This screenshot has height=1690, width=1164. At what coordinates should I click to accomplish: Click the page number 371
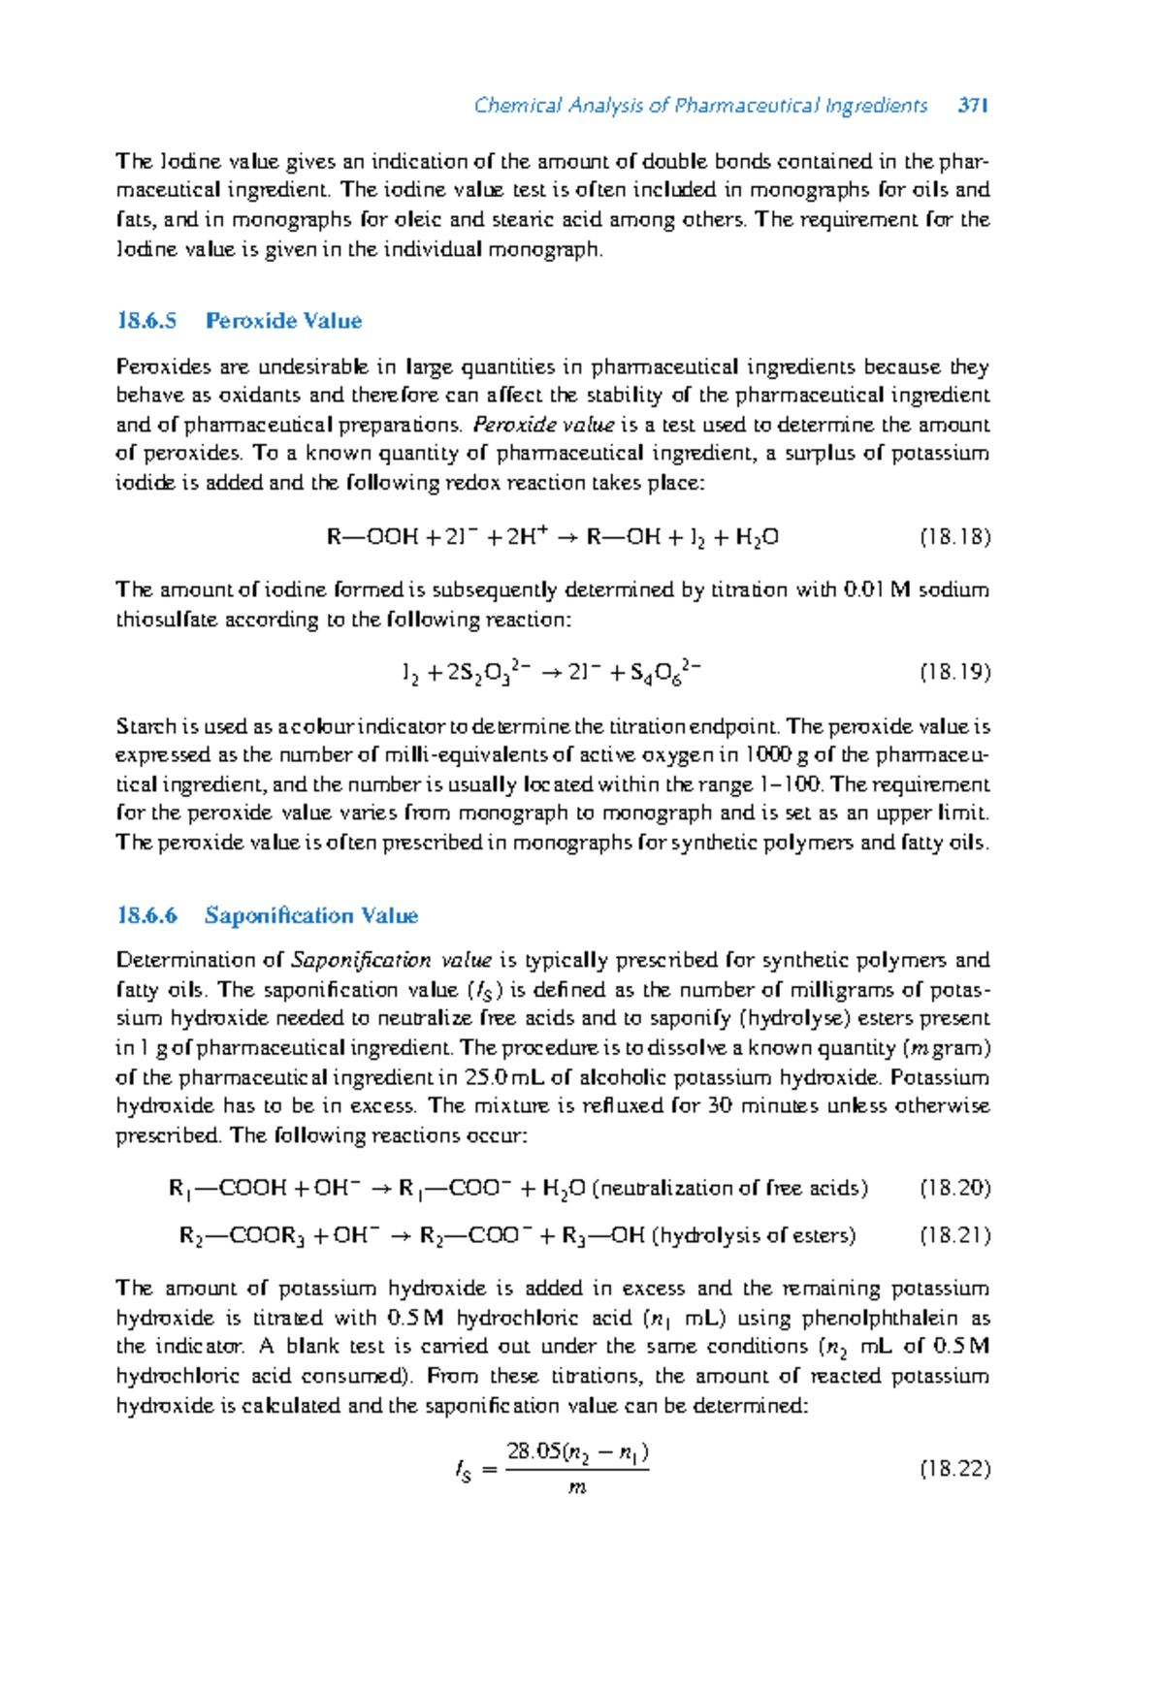(972, 106)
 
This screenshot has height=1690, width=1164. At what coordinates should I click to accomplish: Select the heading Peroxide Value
(283, 321)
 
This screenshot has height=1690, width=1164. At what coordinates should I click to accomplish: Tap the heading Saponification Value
(310, 915)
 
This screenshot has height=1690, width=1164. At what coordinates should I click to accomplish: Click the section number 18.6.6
(146, 915)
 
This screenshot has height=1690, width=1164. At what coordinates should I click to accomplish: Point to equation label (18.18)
(954, 537)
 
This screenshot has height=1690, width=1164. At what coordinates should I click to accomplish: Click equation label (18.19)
(954, 672)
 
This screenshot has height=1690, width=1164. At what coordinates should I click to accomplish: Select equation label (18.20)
(954, 1188)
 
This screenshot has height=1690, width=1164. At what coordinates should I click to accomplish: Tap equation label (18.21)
(954, 1235)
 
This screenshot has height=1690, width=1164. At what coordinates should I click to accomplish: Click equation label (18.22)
(954, 1469)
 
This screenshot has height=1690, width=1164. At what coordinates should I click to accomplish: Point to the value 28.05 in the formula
(533, 1451)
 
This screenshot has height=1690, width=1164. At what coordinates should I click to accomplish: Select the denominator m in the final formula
(577, 1487)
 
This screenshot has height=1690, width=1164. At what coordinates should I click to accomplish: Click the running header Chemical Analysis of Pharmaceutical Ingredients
(700, 106)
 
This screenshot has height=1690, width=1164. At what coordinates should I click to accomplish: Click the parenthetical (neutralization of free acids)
(729, 1188)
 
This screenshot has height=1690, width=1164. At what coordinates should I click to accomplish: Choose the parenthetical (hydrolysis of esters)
(754, 1235)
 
